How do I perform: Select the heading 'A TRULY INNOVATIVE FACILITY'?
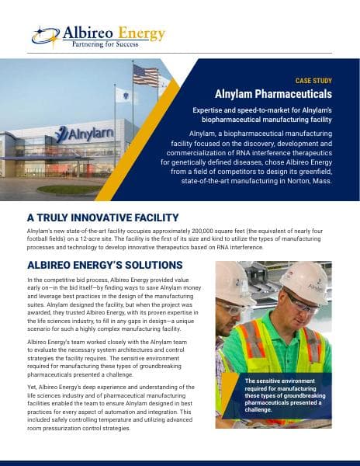(x=102, y=217)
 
